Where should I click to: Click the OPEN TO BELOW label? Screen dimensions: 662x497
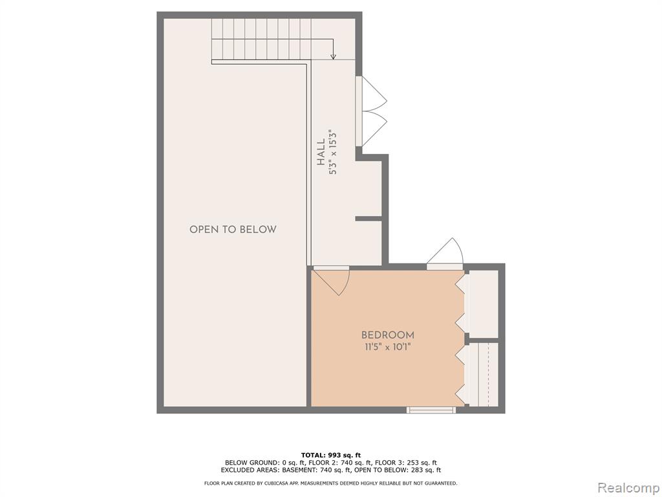pos(233,230)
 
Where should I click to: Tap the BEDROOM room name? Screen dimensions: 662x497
pos(388,335)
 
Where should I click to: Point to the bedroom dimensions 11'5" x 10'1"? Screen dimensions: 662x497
pos(388,348)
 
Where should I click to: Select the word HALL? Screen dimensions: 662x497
pos(322,151)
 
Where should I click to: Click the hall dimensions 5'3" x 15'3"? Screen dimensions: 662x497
pos(334,151)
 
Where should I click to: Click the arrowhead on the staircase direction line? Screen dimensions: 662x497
pos(333,57)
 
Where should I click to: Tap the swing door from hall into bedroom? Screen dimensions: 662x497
pos(332,281)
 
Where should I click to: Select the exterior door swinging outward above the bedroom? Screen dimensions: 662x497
pos(445,254)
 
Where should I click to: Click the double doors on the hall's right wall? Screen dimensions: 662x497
pos(370,111)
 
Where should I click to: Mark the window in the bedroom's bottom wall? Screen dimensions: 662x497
pos(431,410)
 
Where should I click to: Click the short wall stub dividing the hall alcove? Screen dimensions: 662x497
pos(368,219)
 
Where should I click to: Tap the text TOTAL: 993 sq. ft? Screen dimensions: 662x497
pos(330,455)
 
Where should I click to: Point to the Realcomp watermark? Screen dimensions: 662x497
pos(628,488)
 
